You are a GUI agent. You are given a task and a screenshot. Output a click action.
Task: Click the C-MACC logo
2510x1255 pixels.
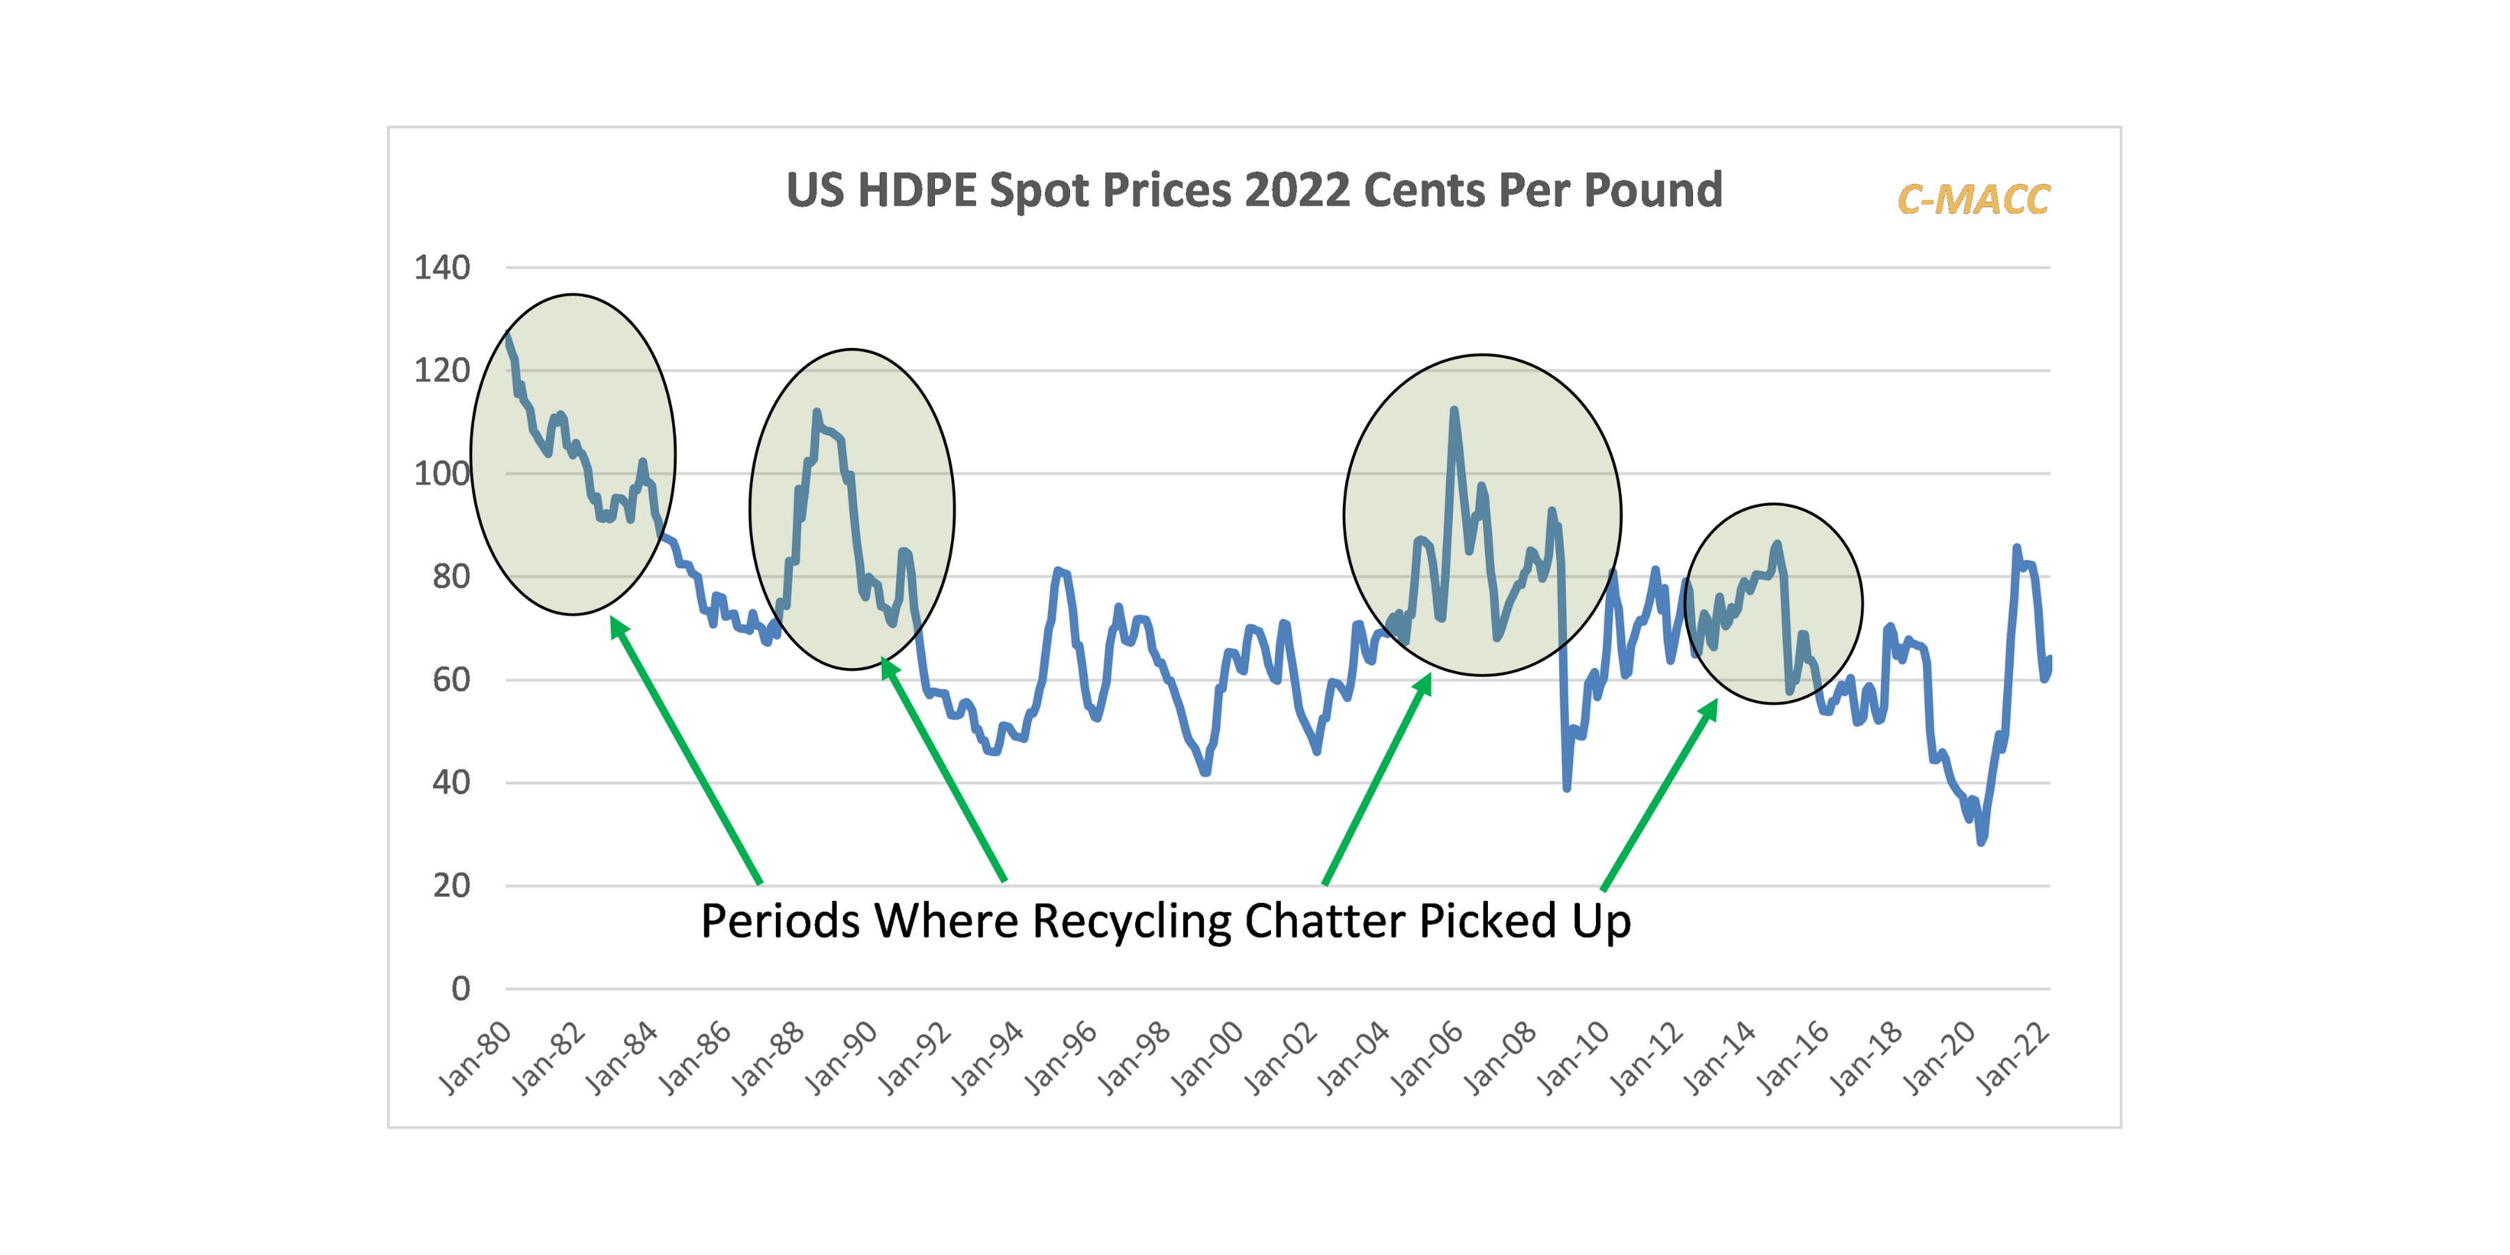point(1973,199)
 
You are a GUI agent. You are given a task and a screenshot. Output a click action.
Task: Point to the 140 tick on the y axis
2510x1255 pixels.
point(441,267)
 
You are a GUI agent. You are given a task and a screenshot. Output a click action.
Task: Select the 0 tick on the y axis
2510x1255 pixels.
point(460,989)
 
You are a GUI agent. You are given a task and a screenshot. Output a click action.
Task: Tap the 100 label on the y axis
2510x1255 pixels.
point(441,473)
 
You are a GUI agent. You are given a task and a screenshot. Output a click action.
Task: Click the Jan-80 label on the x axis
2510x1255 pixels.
point(475,1059)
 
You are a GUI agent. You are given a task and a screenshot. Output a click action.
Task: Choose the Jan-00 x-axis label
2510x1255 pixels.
point(1208,1059)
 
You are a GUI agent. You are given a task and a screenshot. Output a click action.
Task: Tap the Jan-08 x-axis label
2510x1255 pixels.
point(1500,1059)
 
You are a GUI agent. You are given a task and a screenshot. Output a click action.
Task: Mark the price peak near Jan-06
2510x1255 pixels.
point(1454,410)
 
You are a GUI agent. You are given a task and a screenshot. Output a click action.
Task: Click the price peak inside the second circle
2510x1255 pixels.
point(816,412)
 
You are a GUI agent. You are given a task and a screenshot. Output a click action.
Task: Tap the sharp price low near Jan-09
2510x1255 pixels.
point(1567,787)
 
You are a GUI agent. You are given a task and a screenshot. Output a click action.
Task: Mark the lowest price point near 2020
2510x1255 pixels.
point(1981,841)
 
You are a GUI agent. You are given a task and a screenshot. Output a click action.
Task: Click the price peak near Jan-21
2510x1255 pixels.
point(2016,547)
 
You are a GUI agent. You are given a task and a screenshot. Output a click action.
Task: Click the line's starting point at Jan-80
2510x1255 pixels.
point(508,335)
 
